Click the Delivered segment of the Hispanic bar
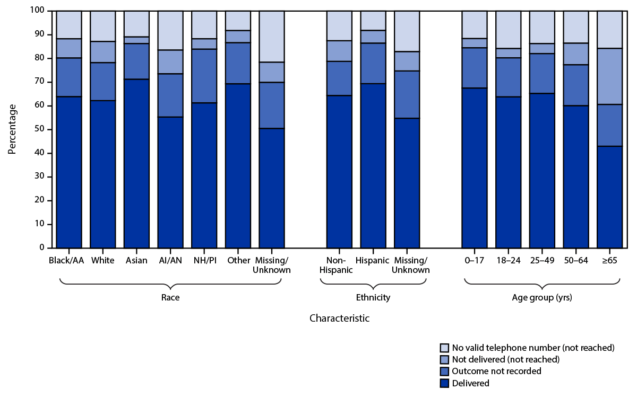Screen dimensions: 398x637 coord(373,165)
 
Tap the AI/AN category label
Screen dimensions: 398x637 coord(170,261)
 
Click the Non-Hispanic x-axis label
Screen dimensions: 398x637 coord(339,265)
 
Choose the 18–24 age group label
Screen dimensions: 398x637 coord(508,261)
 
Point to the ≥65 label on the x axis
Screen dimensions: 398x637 coord(610,261)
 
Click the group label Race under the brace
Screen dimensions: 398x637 coord(170,298)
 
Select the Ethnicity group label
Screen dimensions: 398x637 coord(373,298)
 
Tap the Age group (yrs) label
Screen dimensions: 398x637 coord(542,298)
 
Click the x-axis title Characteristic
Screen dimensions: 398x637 coord(339,319)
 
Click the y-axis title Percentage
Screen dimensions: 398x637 coord(12,129)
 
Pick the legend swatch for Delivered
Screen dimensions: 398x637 coord(444,383)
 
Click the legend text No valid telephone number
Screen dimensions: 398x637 coord(533,348)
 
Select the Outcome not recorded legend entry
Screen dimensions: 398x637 coord(496,372)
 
